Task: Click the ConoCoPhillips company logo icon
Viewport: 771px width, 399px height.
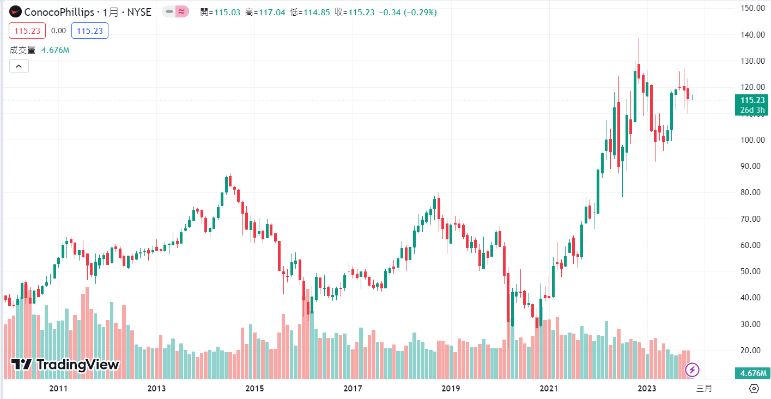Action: (16, 12)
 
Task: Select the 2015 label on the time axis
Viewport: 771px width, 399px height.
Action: (254, 389)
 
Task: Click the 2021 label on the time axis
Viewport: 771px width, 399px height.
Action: (549, 389)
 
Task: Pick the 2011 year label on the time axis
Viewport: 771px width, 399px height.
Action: (58, 389)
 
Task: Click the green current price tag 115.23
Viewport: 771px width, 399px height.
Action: (752, 100)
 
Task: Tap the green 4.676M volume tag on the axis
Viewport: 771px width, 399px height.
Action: (752, 373)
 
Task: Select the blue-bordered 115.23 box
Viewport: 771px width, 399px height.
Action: (90, 31)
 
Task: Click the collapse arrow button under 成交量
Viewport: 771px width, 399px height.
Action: (19, 66)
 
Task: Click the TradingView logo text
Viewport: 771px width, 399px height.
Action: (65, 365)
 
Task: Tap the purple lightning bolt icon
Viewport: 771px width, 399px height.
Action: (693, 370)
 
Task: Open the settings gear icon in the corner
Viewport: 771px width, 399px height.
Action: (754, 389)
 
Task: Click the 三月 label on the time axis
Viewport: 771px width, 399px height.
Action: (704, 389)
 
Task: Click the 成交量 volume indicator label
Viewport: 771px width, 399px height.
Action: (22, 50)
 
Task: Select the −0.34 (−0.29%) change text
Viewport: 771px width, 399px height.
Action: (407, 12)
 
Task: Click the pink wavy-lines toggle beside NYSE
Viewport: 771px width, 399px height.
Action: (182, 12)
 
